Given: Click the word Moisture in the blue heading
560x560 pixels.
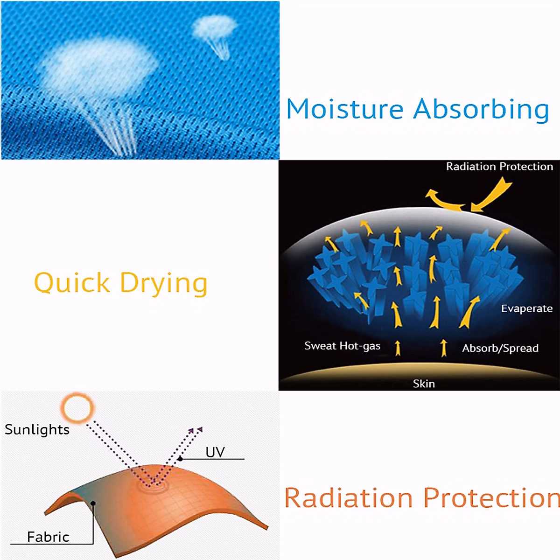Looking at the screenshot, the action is [x=345, y=109].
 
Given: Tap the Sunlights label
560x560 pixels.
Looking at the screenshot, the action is [x=37, y=429].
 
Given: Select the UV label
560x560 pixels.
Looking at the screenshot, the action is [x=215, y=452].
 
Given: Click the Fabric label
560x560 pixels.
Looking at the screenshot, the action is [x=48, y=537].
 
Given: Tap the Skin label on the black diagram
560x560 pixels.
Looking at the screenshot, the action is [x=424, y=384].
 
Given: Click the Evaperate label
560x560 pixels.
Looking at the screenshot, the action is [x=526, y=308].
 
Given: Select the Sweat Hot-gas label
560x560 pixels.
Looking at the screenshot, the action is [x=343, y=346].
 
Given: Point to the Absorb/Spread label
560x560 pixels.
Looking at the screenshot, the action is [x=500, y=348].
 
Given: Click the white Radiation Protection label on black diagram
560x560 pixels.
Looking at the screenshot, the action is [x=499, y=167].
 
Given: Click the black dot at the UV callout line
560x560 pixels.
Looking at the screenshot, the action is [x=181, y=459].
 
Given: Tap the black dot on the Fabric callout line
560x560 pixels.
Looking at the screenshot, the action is [x=93, y=503].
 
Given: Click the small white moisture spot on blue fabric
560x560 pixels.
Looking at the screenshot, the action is [x=215, y=27].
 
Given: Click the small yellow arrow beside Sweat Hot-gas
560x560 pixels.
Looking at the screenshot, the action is [x=398, y=348].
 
